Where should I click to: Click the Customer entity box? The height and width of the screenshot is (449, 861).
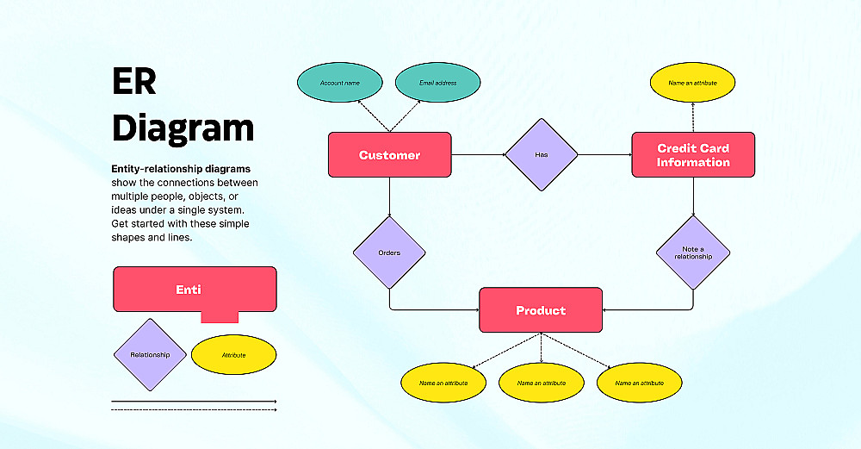coord(389,155)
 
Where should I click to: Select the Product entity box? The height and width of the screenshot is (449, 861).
coord(541,310)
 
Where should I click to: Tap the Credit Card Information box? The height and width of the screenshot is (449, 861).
coord(693,155)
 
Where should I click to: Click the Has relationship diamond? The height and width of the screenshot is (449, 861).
coord(541,155)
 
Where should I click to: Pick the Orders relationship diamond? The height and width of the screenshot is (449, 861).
coord(389,253)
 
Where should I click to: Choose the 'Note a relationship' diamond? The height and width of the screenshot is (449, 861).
coord(693,253)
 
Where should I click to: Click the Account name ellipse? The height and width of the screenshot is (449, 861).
coord(339,83)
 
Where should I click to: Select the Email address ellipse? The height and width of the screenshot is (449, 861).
coord(437,83)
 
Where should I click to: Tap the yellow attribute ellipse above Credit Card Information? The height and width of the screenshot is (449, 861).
coord(693,83)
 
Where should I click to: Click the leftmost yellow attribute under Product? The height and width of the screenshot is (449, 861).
coord(443,382)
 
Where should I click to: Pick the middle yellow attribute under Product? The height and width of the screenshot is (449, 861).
coord(542,382)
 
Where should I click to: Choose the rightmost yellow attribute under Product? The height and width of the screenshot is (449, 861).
coord(640,382)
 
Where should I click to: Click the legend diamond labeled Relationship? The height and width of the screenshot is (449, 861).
coord(150,355)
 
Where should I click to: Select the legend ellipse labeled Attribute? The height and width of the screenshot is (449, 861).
coord(233,355)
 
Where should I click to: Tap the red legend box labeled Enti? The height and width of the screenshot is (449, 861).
coord(195,290)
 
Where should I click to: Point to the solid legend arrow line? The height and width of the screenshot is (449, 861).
coord(194,402)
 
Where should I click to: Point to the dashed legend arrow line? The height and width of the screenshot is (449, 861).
coord(194,410)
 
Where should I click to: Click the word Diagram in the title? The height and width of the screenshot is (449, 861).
coord(183,128)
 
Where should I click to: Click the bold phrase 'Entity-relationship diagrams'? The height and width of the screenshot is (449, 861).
coord(181,169)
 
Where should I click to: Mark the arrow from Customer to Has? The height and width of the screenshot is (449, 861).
coord(478,155)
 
